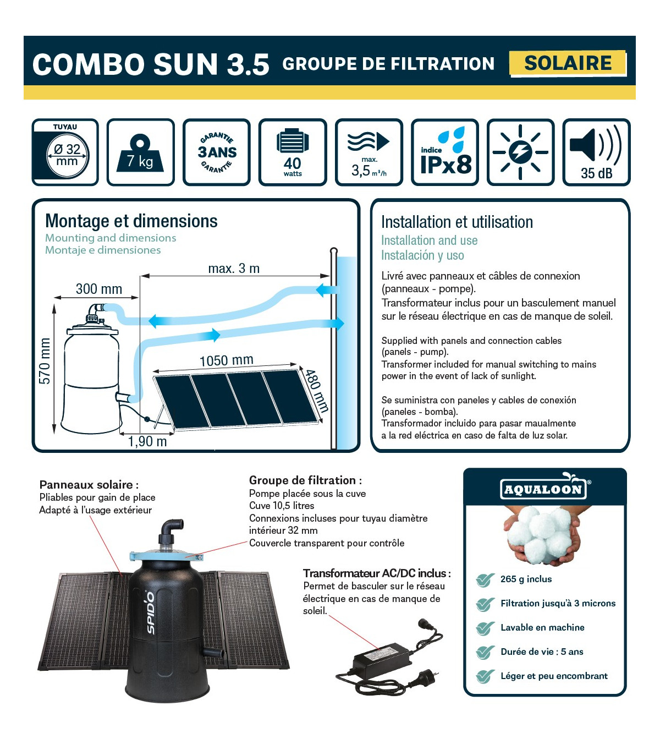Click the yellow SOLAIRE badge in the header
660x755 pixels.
(x=568, y=63)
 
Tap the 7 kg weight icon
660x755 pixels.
(x=140, y=152)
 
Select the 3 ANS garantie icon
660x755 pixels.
(x=217, y=152)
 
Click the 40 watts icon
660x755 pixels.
(x=293, y=152)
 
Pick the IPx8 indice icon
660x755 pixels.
(x=445, y=152)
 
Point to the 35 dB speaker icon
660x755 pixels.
(x=596, y=152)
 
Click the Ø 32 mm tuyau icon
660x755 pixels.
(x=65, y=152)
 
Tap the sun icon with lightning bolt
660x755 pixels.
(x=521, y=152)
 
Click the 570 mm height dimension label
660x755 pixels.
(x=45, y=361)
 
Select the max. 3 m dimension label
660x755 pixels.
(x=234, y=269)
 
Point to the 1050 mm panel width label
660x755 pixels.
(x=227, y=360)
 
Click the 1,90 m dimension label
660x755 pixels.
(x=147, y=441)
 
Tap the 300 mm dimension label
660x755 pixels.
(x=99, y=289)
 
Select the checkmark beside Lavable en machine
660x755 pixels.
(x=485, y=628)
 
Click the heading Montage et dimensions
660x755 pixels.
(x=131, y=221)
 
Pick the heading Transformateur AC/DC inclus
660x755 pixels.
(x=377, y=573)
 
